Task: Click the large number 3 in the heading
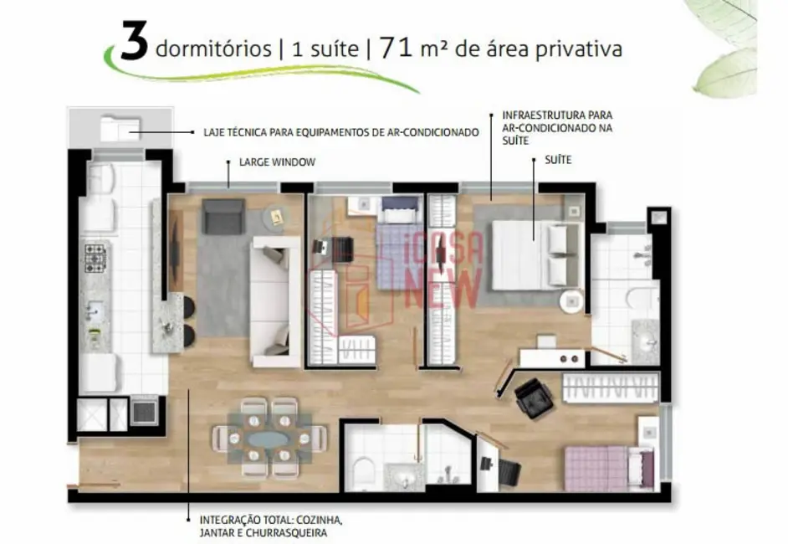point(134,42)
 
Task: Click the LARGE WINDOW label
point(277,162)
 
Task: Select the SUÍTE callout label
point(558,160)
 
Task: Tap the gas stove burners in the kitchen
point(95,259)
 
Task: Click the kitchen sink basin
point(94,310)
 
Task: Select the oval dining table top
point(269,439)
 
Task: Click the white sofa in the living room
point(276,301)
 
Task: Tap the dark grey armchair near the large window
point(223,217)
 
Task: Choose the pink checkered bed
point(610,469)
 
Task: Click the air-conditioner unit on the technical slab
point(120,130)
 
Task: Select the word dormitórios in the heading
point(213,49)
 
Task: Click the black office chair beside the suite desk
point(535,398)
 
